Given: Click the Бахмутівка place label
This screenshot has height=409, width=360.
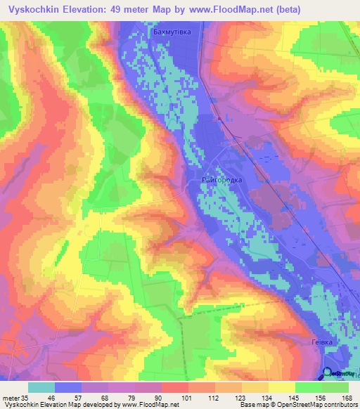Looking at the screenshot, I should coord(172,32).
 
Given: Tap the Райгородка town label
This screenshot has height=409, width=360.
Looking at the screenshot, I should coord(221,181).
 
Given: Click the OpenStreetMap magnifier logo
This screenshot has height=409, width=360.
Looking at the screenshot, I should coord(329,373).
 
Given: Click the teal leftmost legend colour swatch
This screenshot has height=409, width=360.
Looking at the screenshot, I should coord(41,387).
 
